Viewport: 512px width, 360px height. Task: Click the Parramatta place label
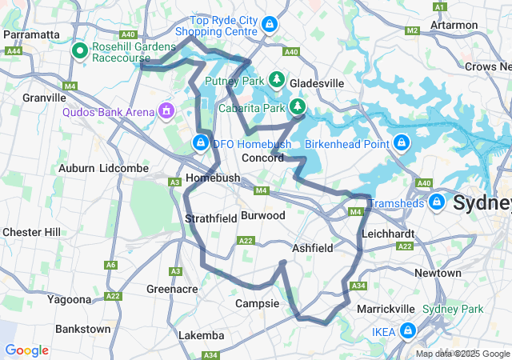[32, 34]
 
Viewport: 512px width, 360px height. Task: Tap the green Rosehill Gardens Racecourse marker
[80, 51]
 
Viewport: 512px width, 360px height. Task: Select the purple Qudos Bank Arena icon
[166, 109]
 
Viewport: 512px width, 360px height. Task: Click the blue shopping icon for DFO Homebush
[200, 143]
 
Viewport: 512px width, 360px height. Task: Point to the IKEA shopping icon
[408, 330]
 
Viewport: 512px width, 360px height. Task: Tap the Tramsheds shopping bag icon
[437, 201]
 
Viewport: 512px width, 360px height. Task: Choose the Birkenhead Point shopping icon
[402, 143]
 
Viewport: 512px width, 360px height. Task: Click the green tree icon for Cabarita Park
[298, 106]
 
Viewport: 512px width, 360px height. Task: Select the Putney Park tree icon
[277, 79]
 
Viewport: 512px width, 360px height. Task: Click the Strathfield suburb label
[209, 218]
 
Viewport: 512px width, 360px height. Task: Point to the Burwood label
[263, 216]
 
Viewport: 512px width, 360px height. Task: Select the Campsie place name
[258, 303]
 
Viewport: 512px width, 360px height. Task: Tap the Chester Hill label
[31, 232]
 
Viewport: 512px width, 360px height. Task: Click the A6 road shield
[111, 265]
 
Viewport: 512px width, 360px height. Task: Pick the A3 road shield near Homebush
[174, 182]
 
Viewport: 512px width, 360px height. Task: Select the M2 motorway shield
[412, 30]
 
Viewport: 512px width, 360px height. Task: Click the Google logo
[27, 350]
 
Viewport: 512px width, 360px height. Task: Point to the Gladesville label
[317, 83]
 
